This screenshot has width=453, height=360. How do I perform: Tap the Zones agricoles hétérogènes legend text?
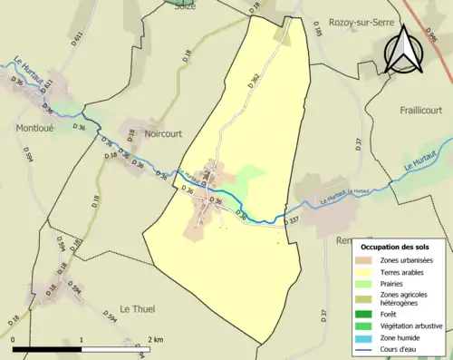click(x=409, y=299)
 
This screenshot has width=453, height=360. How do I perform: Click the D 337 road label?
click(x=291, y=220)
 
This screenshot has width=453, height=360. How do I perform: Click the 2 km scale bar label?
click(x=156, y=339)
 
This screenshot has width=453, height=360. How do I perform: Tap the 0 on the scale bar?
click(x=14, y=339)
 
